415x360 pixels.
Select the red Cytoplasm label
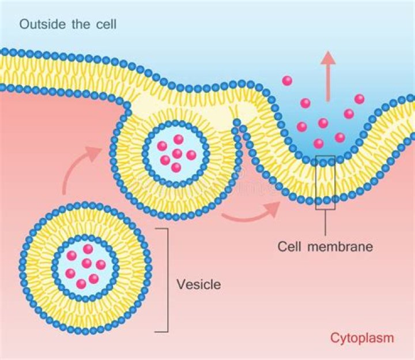362,337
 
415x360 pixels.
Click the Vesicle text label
198,284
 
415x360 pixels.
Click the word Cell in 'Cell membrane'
289,247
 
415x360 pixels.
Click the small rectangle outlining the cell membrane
325,182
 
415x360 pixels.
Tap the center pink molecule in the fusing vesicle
177,153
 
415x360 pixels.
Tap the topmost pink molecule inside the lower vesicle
88,249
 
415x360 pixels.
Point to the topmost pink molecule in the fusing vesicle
179,139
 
